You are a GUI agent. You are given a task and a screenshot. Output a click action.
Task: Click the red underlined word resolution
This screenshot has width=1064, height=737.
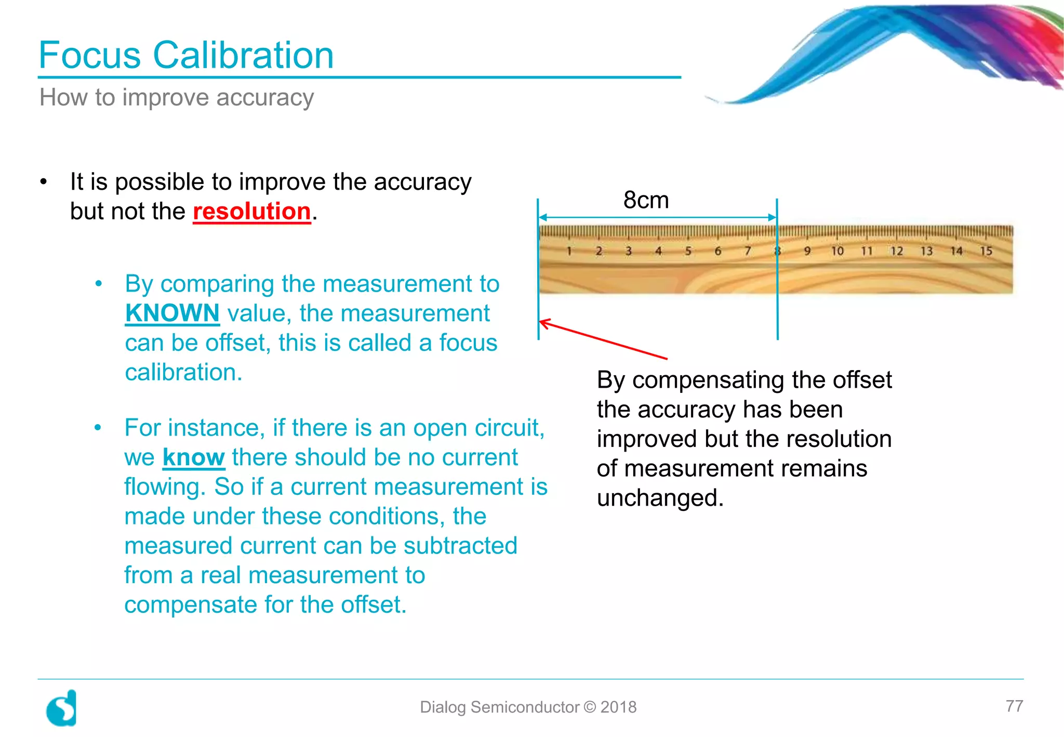pyautogui.click(x=251, y=212)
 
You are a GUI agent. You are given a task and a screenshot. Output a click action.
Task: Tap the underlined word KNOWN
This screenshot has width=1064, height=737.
pyautogui.click(x=172, y=313)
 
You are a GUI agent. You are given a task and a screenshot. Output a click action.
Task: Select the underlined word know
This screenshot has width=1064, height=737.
pyautogui.click(x=193, y=457)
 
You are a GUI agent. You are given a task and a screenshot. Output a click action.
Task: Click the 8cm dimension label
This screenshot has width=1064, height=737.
pyautogui.click(x=646, y=200)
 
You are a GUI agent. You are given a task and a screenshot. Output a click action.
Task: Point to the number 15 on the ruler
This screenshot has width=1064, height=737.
pyautogui.click(x=986, y=251)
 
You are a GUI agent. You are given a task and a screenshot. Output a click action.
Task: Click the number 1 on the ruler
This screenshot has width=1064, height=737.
pyautogui.click(x=569, y=251)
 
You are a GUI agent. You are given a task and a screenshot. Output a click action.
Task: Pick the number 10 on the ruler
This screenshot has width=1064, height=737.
pyautogui.click(x=837, y=251)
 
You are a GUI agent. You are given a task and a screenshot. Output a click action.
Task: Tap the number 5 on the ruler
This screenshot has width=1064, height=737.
pyautogui.click(x=688, y=251)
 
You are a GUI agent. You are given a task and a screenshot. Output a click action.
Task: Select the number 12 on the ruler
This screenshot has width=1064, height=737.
pyautogui.click(x=897, y=251)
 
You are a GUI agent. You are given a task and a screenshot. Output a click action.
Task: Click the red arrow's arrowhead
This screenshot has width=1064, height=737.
pyautogui.click(x=543, y=323)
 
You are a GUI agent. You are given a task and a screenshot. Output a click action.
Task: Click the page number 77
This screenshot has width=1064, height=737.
pyautogui.click(x=1014, y=706)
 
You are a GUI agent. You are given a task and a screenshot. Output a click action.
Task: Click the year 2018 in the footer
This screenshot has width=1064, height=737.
pyautogui.click(x=618, y=707)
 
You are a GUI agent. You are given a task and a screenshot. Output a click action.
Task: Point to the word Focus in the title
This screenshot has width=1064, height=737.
pyautogui.click(x=90, y=55)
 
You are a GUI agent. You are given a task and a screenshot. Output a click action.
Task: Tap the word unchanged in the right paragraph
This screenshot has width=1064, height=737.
pyautogui.click(x=659, y=498)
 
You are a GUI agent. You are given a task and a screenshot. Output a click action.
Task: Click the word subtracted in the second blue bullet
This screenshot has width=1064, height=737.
pyautogui.click(x=460, y=546)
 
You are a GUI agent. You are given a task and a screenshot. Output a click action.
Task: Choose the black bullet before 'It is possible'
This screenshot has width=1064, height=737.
pyautogui.click(x=44, y=182)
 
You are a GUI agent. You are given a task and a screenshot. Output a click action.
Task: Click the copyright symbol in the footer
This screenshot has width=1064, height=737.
pyautogui.click(x=590, y=707)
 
